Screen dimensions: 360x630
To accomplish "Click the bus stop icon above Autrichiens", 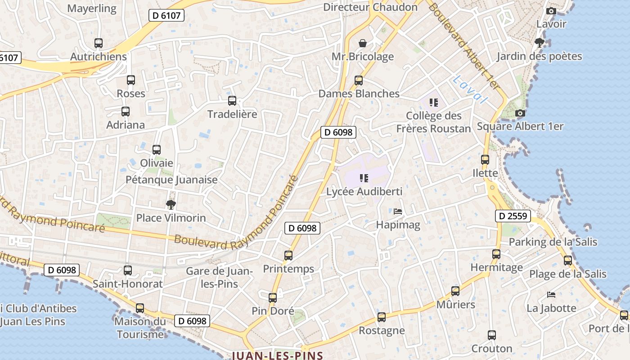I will (99, 43).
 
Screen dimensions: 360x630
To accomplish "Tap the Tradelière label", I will (232, 114).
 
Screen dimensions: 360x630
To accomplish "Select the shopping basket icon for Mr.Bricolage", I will (362, 43).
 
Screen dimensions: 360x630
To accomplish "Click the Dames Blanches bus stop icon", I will (359, 81).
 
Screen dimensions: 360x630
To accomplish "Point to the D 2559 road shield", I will (513, 216).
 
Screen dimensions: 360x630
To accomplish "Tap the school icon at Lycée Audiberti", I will (364, 178).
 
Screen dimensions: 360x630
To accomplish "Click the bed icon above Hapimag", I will (398, 211).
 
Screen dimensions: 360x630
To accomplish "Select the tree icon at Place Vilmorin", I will (171, 205).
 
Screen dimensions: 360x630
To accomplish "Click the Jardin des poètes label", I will (539, 56).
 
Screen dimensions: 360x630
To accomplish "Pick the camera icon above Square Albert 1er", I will (520, 113).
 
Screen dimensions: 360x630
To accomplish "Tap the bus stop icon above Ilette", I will (485, 159).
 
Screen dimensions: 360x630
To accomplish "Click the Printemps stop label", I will (288, 269).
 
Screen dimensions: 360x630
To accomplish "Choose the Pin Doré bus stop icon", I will (273, 297).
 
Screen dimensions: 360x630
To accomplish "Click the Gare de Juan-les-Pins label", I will (219, 277).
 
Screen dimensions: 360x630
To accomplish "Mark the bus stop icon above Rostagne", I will (382, 317).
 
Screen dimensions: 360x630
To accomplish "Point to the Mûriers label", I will (456, 305).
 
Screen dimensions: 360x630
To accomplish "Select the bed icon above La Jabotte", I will (551, 295).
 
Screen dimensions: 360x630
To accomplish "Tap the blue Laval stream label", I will (470, 90).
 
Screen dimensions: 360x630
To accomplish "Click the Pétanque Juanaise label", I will (171, 180).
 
